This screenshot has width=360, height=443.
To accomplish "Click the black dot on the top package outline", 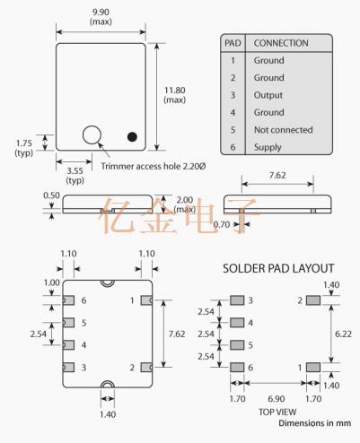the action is [x=132, y=136].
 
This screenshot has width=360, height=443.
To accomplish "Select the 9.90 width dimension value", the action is [x=101, y=13].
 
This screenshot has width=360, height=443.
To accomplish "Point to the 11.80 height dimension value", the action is [x=175, y=91].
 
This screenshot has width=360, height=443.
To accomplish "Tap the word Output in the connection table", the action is [x=268, y=95].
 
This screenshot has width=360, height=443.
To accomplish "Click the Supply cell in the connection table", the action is [x=268, y=147].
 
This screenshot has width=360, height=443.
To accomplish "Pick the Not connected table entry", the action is [x=284, y=130].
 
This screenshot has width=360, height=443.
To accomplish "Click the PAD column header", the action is [x=233, y=43].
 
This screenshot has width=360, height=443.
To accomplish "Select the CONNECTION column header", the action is [x=281, y=43].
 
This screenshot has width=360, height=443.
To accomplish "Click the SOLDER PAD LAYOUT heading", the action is [x=278, y=268].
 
